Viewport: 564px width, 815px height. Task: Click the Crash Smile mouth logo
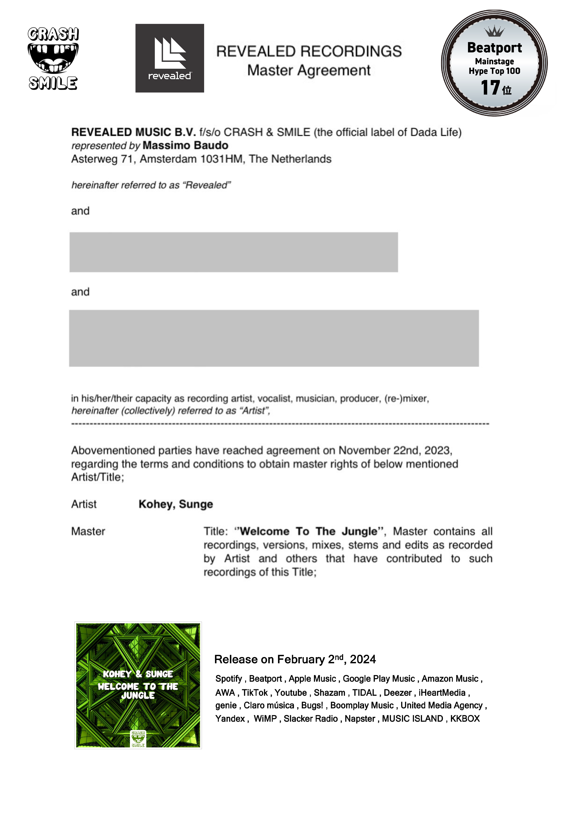click(x=53, y=58)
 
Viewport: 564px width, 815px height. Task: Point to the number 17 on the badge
click(x=491, y=88)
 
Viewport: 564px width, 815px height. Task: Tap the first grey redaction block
click(x=234, y=252)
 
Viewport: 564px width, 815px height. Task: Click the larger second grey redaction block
click(x=274, y=338)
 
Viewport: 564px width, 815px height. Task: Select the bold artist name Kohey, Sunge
click(x=176, y=504)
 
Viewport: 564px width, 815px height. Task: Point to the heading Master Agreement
click(x=309, y=70)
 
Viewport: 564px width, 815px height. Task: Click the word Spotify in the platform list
click(x=229, y=679)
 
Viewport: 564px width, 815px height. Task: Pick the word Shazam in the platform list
click(x=329, y=692)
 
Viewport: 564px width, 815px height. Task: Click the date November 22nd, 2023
click(x=395, y=450)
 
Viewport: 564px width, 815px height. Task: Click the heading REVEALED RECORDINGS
click(x=309, y=52)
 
